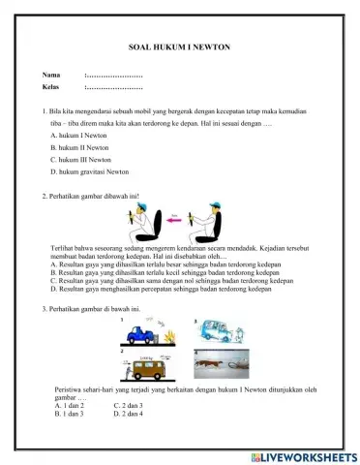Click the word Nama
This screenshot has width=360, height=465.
tap(50, 75)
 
